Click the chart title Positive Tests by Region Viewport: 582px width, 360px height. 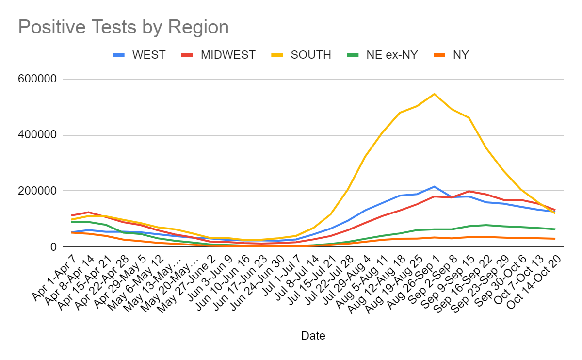click(123, 27)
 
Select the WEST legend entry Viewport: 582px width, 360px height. click(148, 55)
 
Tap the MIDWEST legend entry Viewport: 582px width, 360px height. click(227, 55)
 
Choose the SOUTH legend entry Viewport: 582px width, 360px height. click(310, 55)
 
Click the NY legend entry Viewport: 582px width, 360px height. click(460, 55)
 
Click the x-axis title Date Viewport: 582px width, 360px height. click(313, 335)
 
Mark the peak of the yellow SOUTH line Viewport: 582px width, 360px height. click(434, 94)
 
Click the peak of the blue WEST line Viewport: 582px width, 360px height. click(434, 186)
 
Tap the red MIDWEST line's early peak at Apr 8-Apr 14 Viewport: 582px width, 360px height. click(88, 212)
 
